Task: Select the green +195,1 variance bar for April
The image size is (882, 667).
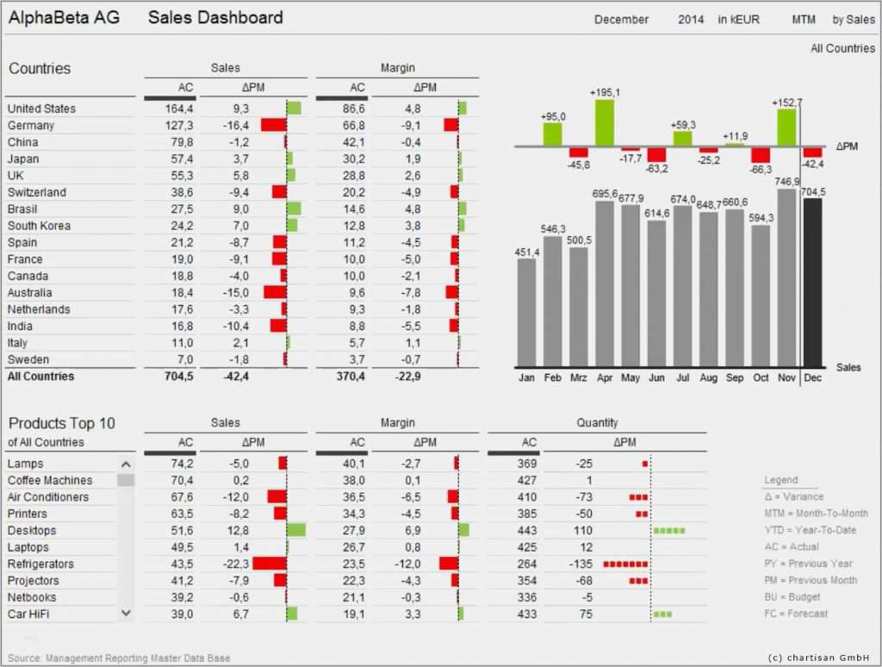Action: [605, 122]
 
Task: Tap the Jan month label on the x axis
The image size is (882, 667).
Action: [526, 377]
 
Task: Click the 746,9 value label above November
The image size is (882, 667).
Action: [787, 182]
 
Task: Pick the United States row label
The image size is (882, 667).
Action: [41, 109]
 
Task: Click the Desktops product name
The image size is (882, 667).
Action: [32, 531]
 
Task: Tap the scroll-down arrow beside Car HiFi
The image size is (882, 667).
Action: [126, 613]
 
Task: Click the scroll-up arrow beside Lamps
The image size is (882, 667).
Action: [126, 464]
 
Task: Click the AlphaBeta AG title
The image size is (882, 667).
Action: [65, 18]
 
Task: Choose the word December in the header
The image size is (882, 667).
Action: [621, 20]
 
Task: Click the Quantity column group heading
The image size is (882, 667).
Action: [597, 423]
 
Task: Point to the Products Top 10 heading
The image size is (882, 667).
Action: [62, 423]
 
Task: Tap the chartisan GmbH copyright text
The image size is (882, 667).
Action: [818, 658]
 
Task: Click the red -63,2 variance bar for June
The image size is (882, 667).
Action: [656, 155]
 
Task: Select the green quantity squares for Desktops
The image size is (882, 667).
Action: [668, 531]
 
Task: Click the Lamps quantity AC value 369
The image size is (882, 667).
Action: [526, 464]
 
